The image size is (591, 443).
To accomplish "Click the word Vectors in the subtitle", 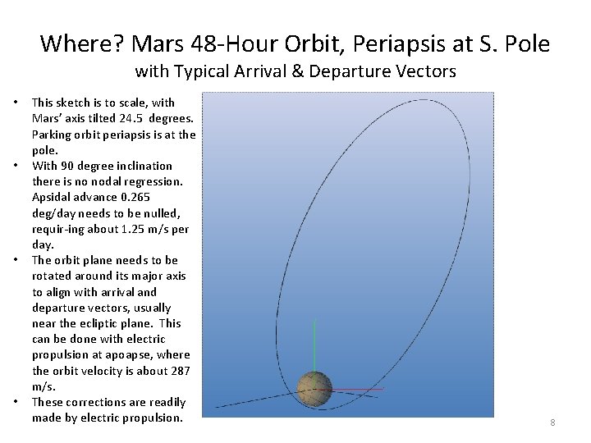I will (x=425, y=71).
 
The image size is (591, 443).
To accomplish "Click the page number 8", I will (x=552, y=422).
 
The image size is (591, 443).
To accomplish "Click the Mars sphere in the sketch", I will (x=314, y=388).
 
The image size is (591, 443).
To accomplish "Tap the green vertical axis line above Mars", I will (x=314, y=345).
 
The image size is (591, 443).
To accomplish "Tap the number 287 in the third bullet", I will (x=181, y=371).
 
